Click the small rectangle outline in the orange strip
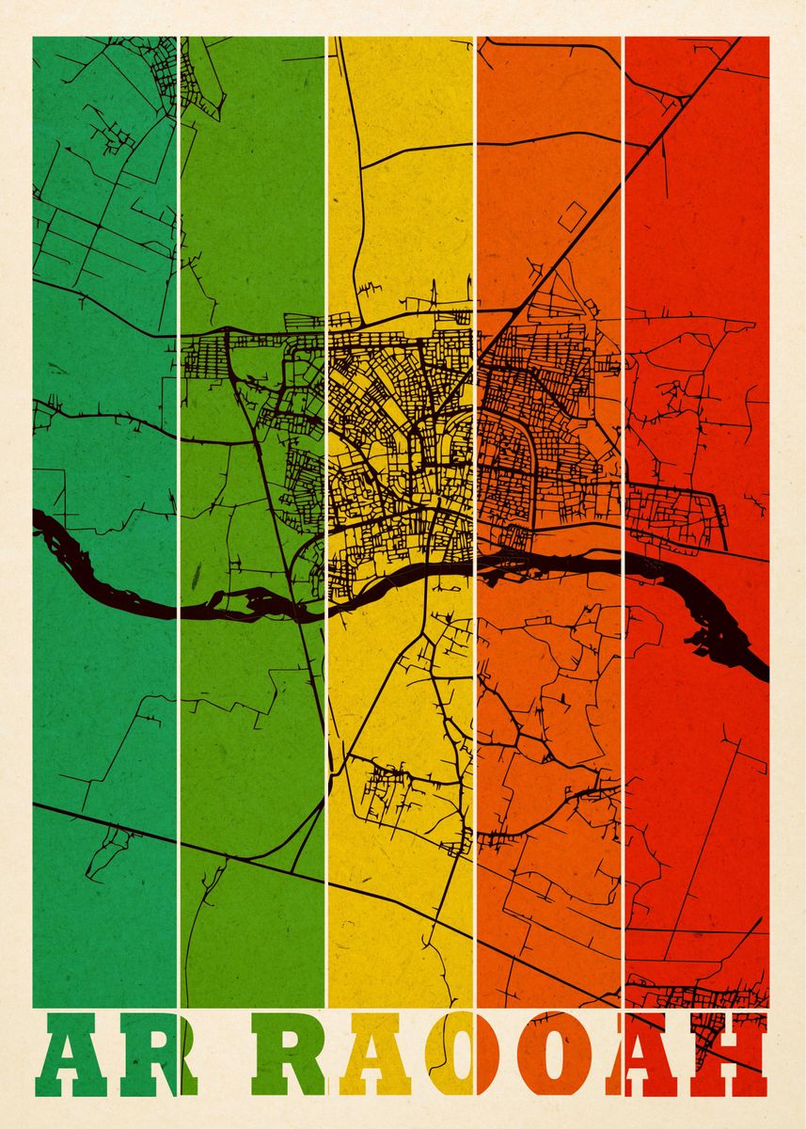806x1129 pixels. coord(571,216)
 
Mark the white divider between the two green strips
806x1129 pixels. coord(178,282)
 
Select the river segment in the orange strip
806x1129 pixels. coord(555,563)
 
